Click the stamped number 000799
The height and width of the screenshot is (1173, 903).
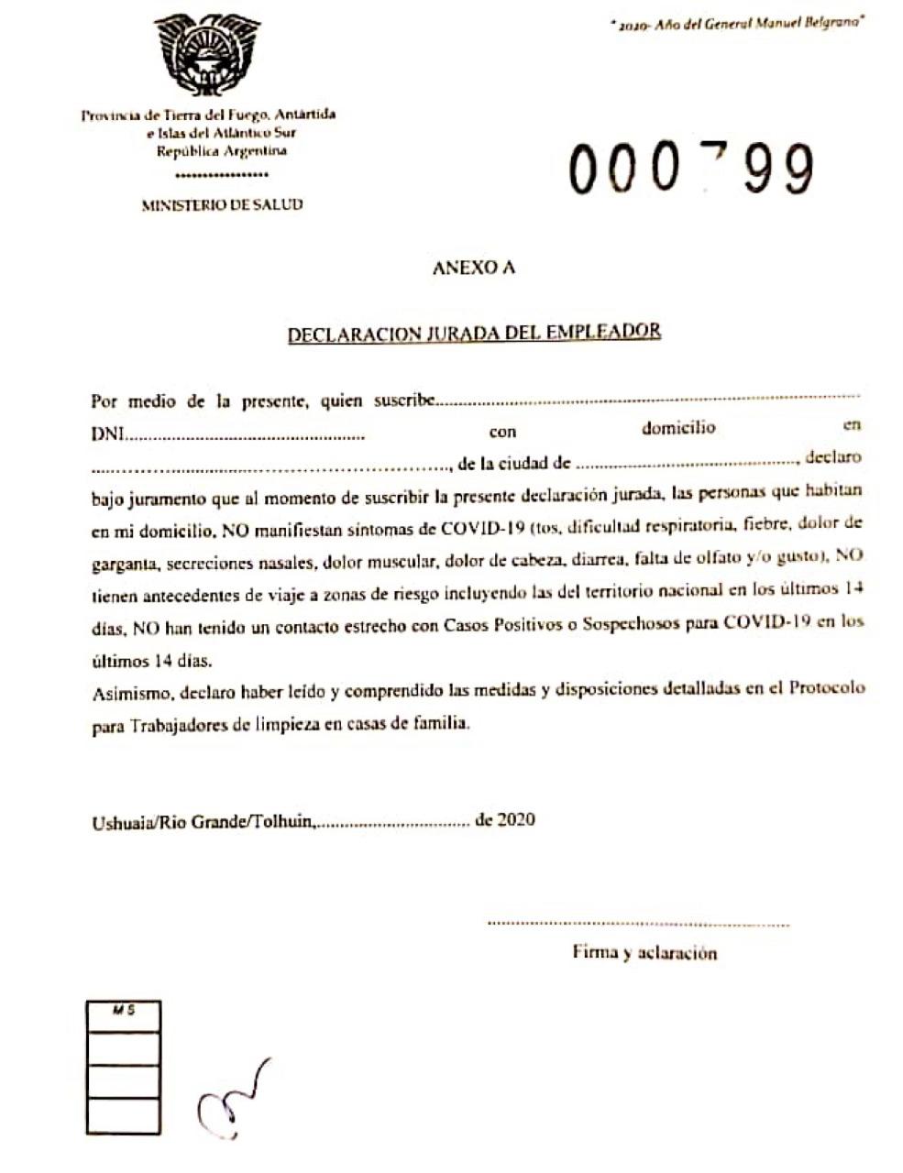click(x=690, y=169)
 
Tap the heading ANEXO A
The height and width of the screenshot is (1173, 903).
click(x=473, y=269)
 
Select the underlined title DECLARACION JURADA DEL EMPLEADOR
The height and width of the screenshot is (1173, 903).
click(x=474, y=333)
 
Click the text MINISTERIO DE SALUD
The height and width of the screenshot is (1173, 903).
click(x=222, y=205)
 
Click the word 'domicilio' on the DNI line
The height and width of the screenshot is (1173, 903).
click(x=678, y=428)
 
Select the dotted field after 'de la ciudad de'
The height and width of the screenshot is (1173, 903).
click(x=688, y=462)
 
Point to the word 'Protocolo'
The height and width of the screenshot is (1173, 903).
click(x=827, y=688)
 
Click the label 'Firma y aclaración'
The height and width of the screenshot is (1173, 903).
click(x=644, y=953)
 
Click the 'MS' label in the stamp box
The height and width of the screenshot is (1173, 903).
click(x=124, y=1011)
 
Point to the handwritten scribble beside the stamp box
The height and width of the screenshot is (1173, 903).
click(x=233, y=1098)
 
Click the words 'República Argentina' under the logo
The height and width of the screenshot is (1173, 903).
click(x=208, y=151)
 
